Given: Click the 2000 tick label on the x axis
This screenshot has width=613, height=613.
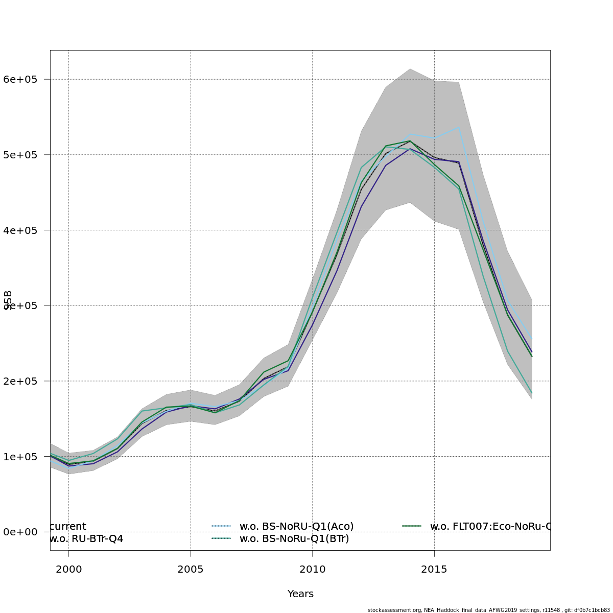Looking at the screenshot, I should pyautogui.click(x=68, y=569).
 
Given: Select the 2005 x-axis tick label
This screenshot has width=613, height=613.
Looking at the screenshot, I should pyautogui.click(x=191, y=569).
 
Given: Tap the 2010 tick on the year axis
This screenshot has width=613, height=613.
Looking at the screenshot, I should pyautogui.click(x=313, y=569).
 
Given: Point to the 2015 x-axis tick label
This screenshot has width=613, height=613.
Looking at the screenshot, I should pyautogui.click(x=434, y=569).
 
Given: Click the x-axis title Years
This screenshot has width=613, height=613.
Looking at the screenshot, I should pyautogui.click(x=300, y=594).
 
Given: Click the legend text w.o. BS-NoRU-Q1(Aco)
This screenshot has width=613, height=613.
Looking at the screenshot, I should pyautogui.click(x=296, y=526).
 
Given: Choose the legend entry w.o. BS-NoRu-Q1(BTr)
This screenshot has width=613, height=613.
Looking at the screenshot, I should pyautogui.click(x=294, y=538).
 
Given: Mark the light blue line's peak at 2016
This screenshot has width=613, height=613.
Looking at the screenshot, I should pyautogui.click(x=459, y=127).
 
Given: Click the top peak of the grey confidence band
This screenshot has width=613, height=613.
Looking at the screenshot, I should pyautogui.click(x=410, y=68).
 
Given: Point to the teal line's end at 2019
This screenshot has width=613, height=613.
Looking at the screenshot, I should pyautogui.click(x=532, y=393).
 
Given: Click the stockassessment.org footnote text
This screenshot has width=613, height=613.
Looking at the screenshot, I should pyautogui.click(x=488, y=610).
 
